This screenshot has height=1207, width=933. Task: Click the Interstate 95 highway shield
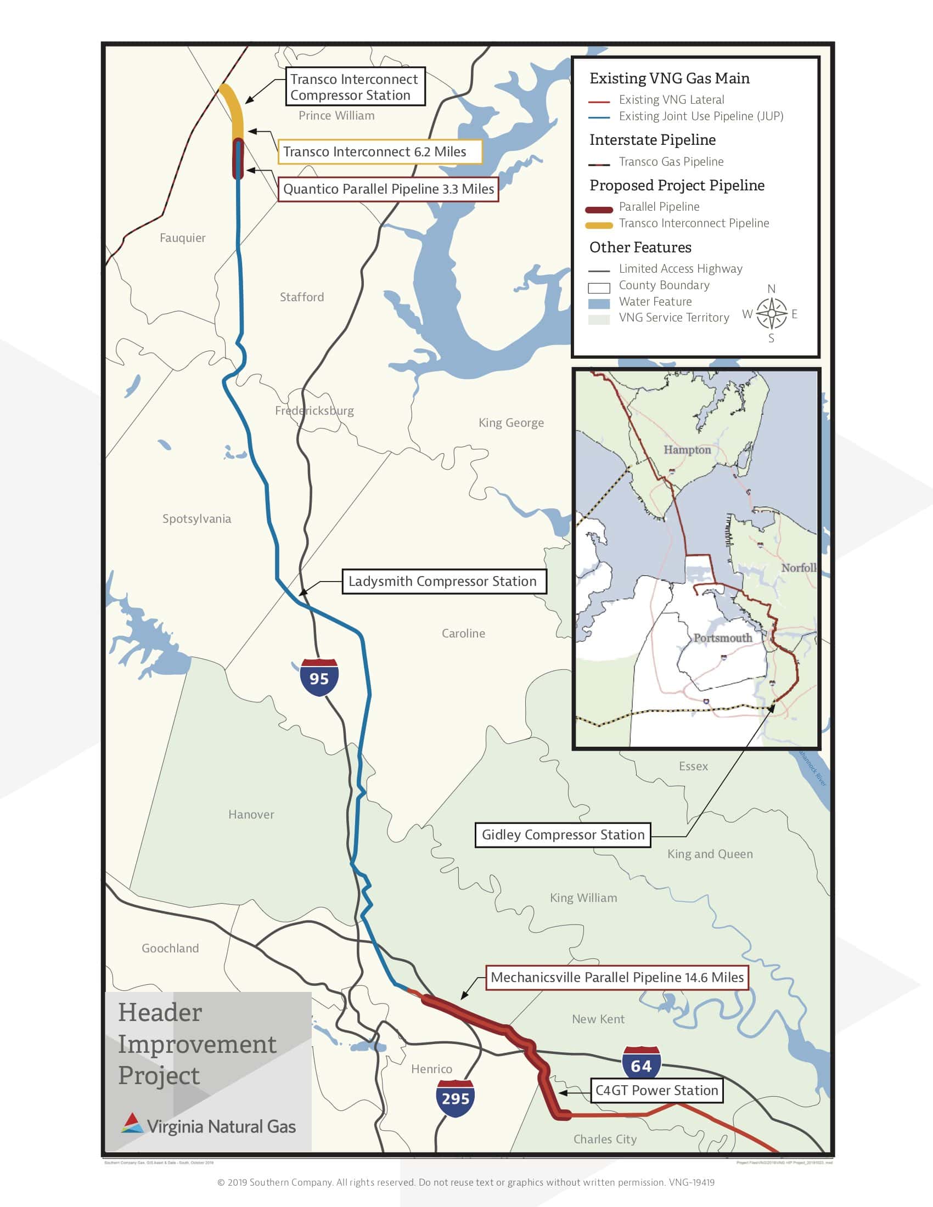[x=319, y=677]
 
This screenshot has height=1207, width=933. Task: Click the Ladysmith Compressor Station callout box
[x=444, y=582]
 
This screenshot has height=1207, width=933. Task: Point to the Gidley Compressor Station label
[x=563, y=834]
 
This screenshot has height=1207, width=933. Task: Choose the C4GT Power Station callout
[x=656, y=1090]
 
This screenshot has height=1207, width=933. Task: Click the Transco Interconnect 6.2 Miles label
[x=380, y=151]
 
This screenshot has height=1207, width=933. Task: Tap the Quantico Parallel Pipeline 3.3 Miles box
[x=388, y=189]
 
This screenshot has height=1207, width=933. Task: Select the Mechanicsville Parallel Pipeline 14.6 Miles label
[x=617, y=977]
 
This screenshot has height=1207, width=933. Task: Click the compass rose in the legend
[x=771, y=313]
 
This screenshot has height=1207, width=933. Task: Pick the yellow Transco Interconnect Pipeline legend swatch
[x=599, y=225]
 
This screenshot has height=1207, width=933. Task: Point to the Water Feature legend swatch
[x=599, y=303]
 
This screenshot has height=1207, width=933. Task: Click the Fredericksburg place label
[x=314, y=410]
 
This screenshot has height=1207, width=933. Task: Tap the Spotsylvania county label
[x=196, y=519]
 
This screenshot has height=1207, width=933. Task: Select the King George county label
[x=511, y=423]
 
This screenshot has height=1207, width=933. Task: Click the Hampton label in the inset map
[x=687, y=450]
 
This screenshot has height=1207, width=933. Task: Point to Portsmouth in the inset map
[x=722, y=638]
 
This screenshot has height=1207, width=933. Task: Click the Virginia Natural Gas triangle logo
[x=132, y=1123]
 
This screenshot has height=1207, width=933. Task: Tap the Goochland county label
[x=170, y=949]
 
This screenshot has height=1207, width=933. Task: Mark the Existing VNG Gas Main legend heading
[x=670, y=78]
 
